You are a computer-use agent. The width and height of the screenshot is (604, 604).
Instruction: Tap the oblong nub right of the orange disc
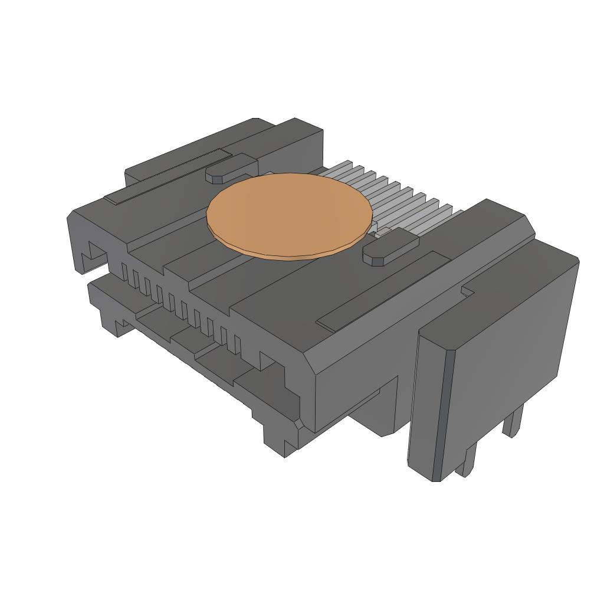click(x=389, y=248)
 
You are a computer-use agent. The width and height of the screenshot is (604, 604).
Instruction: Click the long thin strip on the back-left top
click(x=168, y=176)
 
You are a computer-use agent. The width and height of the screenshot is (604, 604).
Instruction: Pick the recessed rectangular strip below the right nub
click(x=383, y=289)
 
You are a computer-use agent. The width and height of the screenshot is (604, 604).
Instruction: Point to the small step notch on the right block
click(x=469, y=290)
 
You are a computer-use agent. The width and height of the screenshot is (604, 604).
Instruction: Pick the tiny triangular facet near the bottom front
click(x=300, y=424)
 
